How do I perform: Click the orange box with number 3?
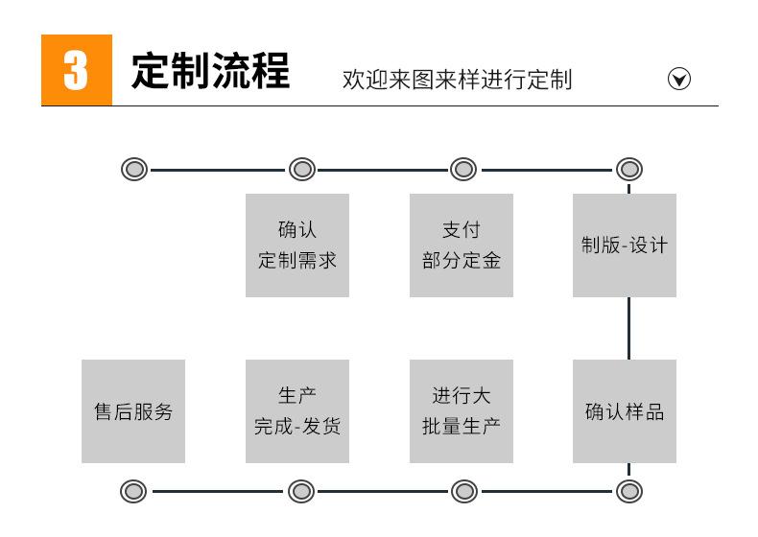point(76,70)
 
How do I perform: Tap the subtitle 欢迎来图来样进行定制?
point(457,79)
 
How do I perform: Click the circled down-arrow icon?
point(679,79)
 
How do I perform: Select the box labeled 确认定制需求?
point(297,245)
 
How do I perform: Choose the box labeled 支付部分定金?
point(462,245)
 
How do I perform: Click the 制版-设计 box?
point(625,245)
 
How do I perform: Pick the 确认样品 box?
point(625,411)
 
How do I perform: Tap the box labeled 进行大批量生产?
point(462,411)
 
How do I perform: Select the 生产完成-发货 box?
point(297,411)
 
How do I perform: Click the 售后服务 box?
point(133,411)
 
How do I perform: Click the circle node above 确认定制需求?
point(302,170)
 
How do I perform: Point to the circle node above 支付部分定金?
point(463,170)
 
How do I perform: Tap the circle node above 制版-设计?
point(629,170)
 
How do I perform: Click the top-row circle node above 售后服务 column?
point(135,170)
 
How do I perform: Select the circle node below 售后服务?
point(134,492)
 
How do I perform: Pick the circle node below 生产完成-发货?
point(301,492)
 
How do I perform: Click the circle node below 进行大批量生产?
point(464,492)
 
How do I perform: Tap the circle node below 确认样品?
point(629,492)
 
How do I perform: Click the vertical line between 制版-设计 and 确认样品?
point(629,328)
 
